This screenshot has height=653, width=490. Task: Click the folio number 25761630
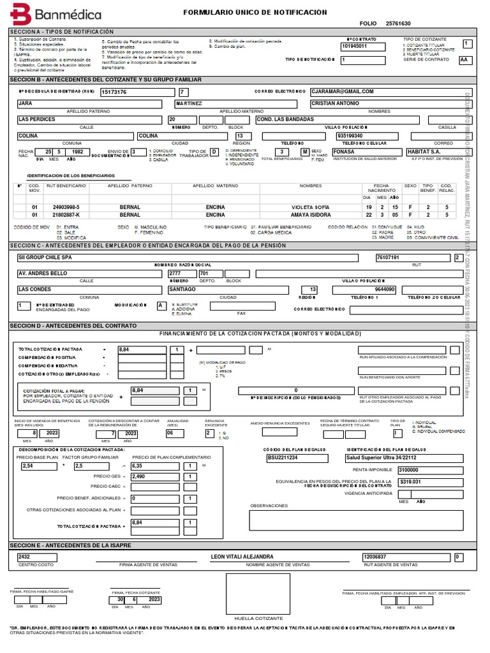point(398,24)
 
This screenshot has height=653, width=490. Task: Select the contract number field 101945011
point(355,47)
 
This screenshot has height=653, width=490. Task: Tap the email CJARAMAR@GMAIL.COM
point(343,92)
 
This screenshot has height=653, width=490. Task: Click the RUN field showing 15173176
point(114,92)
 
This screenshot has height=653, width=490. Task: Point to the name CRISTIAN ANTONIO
point(334,103)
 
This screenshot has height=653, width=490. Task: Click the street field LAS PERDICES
point(38,119)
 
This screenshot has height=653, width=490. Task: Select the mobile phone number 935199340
point(350,136)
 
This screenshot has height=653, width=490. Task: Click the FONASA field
point(344,152)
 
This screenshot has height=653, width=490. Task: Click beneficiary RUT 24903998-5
point(66,207)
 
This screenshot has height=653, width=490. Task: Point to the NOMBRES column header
point(311,186)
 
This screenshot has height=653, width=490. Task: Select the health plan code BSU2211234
point(282,457)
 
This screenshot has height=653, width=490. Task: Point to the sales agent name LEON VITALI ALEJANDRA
point(242,557)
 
